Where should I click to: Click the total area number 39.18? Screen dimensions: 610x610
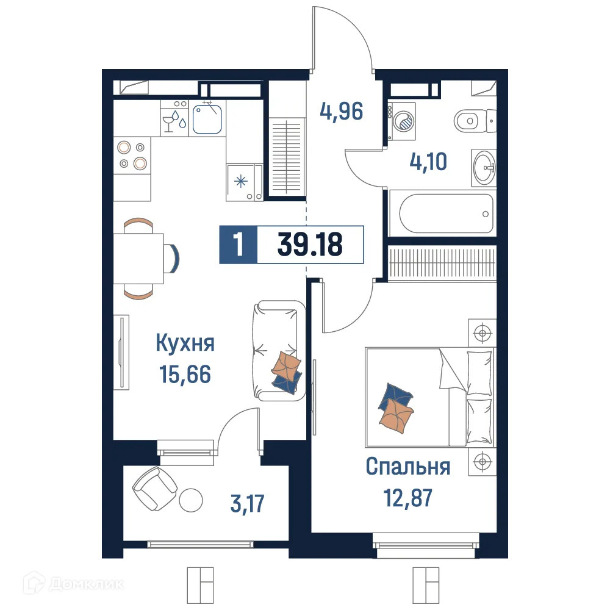(x=310, y=245)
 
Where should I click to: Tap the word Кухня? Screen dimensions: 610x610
(x=185, y=343)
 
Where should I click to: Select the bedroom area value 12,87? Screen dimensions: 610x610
(x=408, y=498)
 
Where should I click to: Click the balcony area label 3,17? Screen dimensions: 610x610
(x=247, y=505)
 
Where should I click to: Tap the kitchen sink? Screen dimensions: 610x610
(x=207, y=120)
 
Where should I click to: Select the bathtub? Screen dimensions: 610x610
(x=446, y=213)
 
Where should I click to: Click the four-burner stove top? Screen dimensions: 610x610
(x=132, y=155)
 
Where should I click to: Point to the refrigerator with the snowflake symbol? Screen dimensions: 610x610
(x=243, y=181)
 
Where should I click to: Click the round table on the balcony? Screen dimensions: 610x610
(x=191, y=499)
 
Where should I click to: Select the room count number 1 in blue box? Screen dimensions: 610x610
(x=238, y=245)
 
